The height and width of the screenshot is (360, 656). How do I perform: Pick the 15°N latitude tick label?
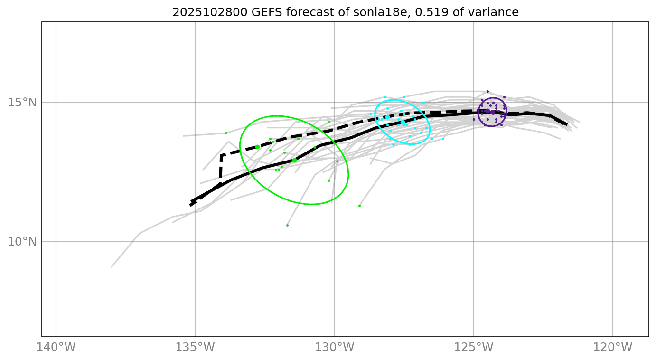pyautogui.click(x=22, y=103)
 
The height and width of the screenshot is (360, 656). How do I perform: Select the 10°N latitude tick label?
pyautogui.click(x=22, y=242)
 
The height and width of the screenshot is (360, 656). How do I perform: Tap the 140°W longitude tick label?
pyautogui.click(x=56, y=348)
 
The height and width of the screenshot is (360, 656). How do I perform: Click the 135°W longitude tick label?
pyautogui.click(x=195, y=348)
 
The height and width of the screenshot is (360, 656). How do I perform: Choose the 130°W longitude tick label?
pyautogui.click(x=334, y=348)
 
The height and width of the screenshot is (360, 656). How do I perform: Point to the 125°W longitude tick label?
pyautogui.click(x=473, y=348)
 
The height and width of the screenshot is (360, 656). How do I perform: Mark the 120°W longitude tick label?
pyautogui.click(x=612, y=348)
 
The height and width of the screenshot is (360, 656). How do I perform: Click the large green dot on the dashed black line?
pyautogui.click(x=257, y=147)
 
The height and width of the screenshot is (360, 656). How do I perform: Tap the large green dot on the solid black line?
pyautogui.click(x=294, y=161)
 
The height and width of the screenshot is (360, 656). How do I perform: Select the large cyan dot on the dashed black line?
pyautogui.click(x=387, y=117)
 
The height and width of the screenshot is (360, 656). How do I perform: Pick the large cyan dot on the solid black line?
pyautogui.click(x=403, y=123)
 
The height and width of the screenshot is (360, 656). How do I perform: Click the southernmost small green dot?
pyautogui.click(x=287, y=225)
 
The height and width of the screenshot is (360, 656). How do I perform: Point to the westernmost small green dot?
pyautogui.click(x=226, y=133)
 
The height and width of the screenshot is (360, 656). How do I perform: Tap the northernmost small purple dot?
pyautogui.click(x=487, y=91)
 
